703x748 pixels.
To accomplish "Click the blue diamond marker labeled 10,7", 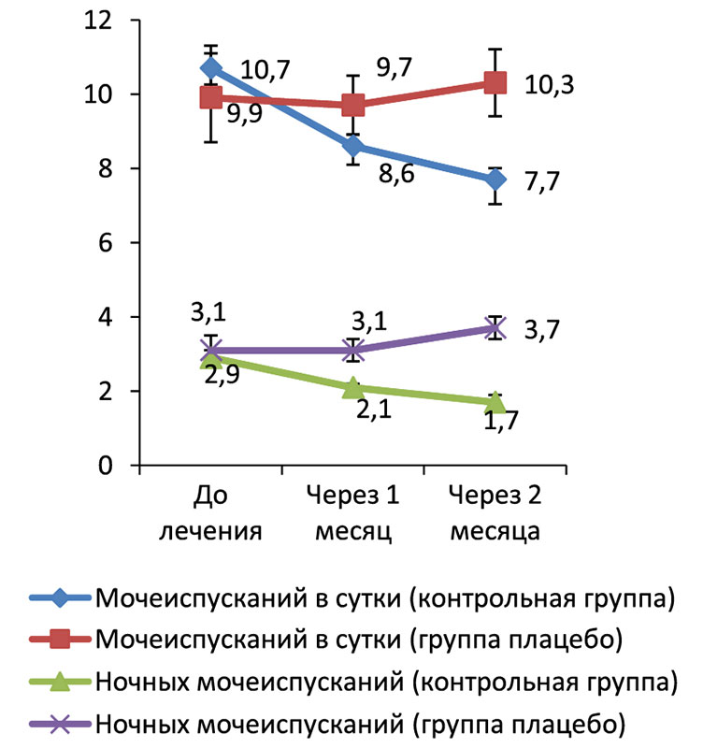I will (x=211, y=68).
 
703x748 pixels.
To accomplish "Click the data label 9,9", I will (x=245, y=119).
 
